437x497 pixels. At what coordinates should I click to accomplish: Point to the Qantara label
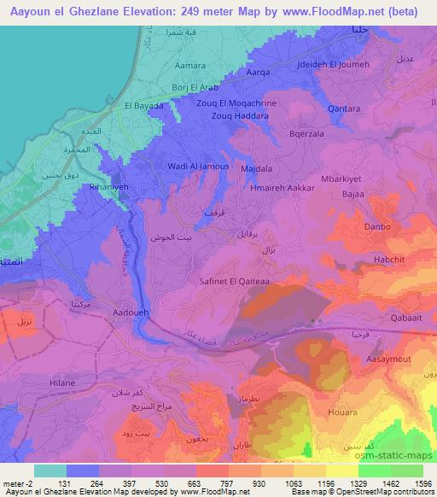click(x=342, y=109)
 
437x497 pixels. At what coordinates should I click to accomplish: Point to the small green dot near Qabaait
click(x=314, y=321)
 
